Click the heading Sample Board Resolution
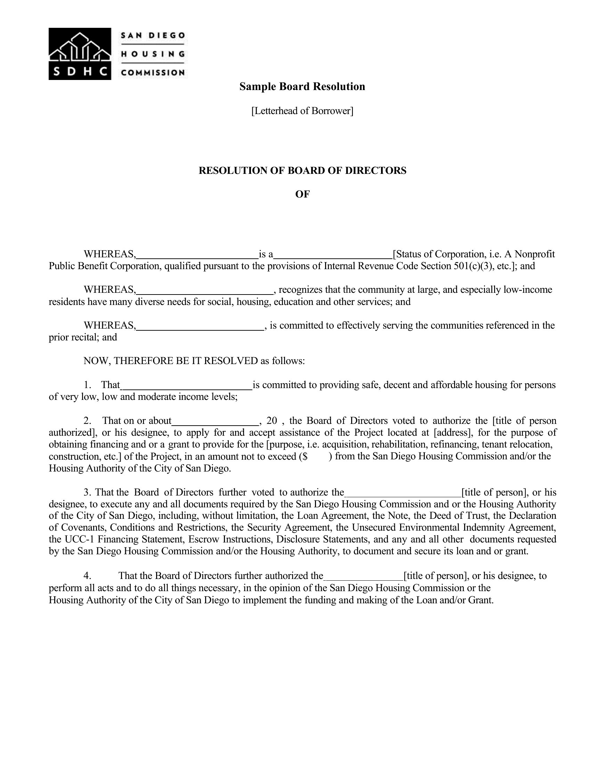(302, 87)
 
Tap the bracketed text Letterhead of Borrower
(302, 111)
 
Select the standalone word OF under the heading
(302, 194)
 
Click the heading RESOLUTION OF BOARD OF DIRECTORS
(302, 171)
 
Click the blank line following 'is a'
(333, 255)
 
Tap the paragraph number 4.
(87, 576)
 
